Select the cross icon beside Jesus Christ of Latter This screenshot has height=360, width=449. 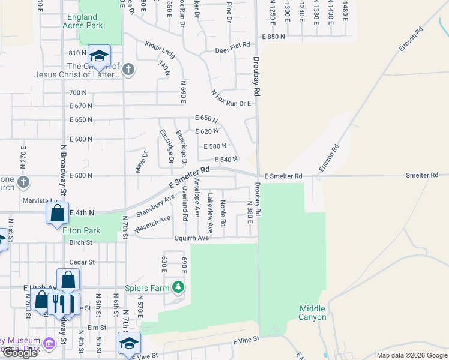pyautogui.click(x=127, y=70)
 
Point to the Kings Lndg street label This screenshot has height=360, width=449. pyautogui.click(x=160, y=50)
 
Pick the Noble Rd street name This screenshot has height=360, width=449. pyautogui.click(x=223, y=213)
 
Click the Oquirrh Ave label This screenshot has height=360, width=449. pyautogui.click(x=191, y=238)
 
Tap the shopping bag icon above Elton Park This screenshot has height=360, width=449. pyautogui.click(x=57, y=213)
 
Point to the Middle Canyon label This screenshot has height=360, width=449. pyautogui.click(x=313, y=312)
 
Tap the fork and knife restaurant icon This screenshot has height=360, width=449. pyautogui.click(x=58, y=303)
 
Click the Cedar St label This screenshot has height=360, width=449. pyautogui.click(x=82, y=262)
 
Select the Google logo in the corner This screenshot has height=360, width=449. pyautogui.click(x=20, y=353)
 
